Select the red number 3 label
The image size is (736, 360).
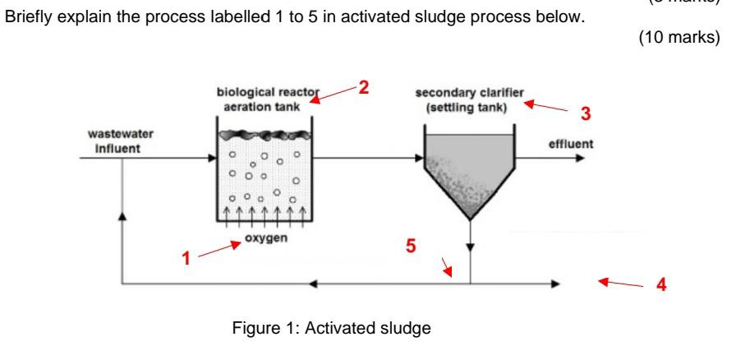click(585, 113)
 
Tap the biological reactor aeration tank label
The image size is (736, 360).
click(264, 99)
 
